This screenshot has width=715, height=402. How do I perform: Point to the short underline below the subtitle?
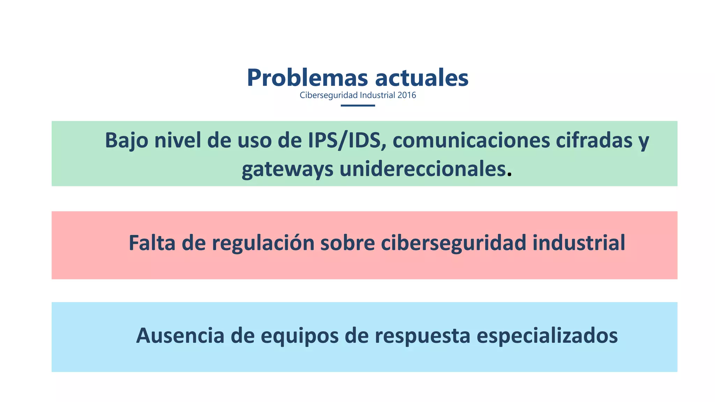click(x=357, y=105)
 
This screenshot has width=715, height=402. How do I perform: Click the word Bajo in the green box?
click(x=126, y=140)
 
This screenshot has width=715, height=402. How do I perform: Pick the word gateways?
click(x=287, y=169)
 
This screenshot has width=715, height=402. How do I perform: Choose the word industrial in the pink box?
click(x=578, y=243)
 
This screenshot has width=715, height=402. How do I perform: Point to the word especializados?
click(x=547, y=336)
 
